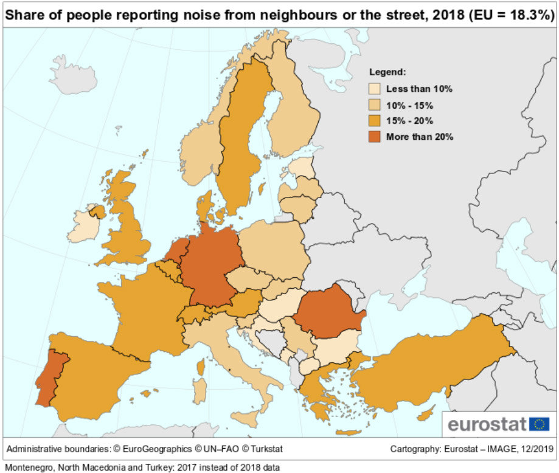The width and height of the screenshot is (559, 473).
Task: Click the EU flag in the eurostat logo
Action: coord(539,424)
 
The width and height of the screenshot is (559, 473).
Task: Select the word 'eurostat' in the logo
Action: coord(487,424)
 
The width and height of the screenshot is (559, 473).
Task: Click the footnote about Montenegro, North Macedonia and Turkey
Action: coord(142,467)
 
